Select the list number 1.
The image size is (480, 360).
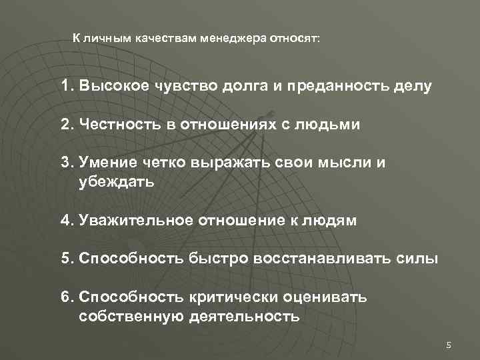(65, 87)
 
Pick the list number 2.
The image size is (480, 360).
(65, 125)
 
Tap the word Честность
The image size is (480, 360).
(119, 125)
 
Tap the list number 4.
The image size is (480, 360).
(65, 221)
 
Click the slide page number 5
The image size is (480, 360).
(449, 345)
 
